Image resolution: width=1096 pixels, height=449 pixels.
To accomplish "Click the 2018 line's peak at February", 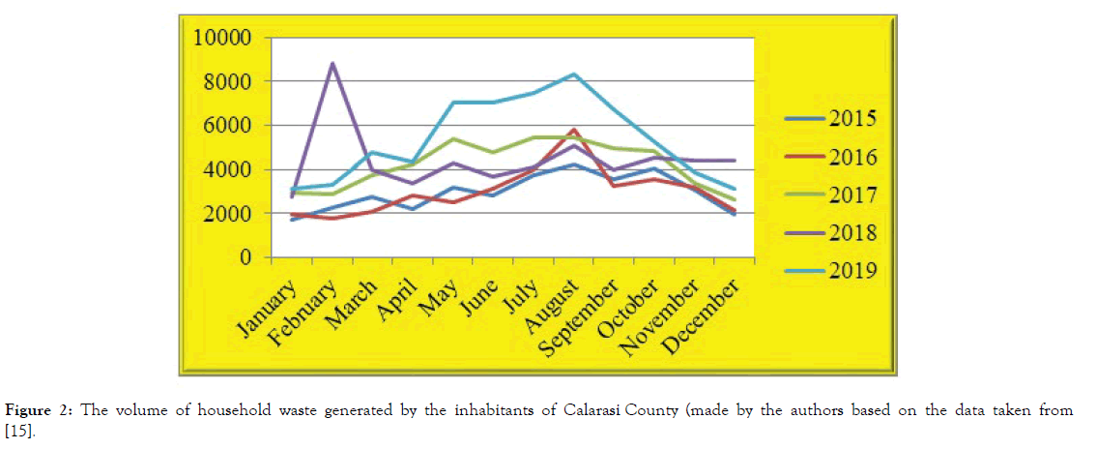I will pyautogui.click(x=333, y=64).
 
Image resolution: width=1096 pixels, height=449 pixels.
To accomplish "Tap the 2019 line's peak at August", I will pyautogui.click(x=574, y=75).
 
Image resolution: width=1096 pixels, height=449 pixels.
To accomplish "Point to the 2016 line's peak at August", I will pyautogui.click(x=574, y=130).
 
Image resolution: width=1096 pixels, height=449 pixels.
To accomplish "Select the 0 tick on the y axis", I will pyautogui.click(x=246, y=258).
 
